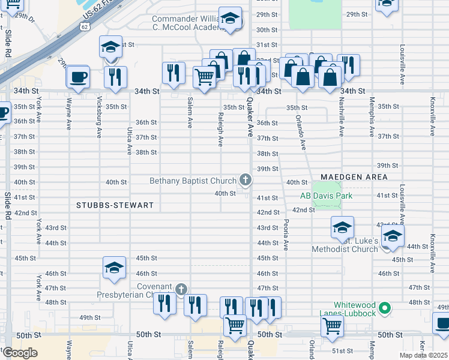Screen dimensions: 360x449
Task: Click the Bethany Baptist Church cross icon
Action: tap(245, 179)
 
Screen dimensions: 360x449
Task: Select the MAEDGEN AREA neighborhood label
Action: tap(354, 177)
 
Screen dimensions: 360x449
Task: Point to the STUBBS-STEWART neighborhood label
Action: tap(115, 205)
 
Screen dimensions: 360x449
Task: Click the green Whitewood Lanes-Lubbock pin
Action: tap(387, 308)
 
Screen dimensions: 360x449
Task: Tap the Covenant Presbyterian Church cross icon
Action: tap(181, 290)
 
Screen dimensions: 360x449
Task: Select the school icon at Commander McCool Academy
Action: tap(230, 19)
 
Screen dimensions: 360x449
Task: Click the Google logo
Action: tap(20, 353)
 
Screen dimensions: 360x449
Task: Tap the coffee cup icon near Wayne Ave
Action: tap(77, 76)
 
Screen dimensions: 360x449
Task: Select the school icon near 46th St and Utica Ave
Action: tap(114, 268)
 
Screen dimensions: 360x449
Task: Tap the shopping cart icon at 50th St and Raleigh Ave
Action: tap(235, 325)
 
